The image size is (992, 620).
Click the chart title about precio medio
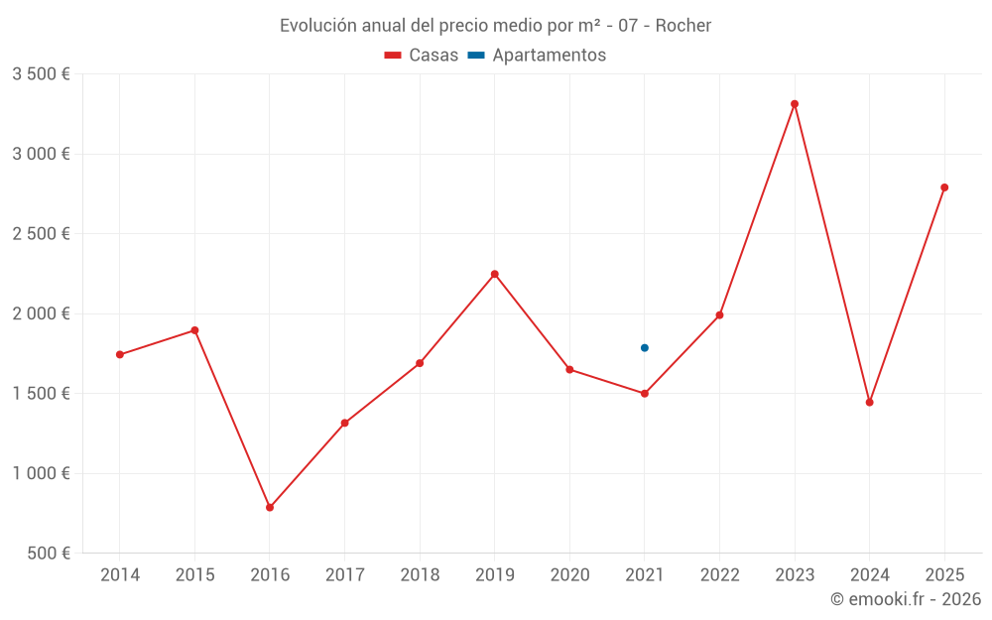[x=495, y=26]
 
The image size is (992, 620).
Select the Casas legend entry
[x=422, y=56]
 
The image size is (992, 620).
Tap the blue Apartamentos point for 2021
[x=645, y=348]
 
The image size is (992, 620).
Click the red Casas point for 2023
[x=795, y=104]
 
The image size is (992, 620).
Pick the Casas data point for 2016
[x=270, y=508]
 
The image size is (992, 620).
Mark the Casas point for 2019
[x=495, y=274]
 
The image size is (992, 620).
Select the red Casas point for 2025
[x=944, y=187]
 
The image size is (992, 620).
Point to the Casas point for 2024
[x=870, y=403]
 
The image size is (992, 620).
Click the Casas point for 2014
[x=120, y=355]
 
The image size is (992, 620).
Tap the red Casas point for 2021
[x=645, y=394]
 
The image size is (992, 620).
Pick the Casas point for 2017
[x=345, y=424]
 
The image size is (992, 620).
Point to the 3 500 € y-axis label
[x=41, y=74]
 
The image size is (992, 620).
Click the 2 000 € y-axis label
[x=41, y=313]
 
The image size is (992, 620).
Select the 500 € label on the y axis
[x=48, y=554]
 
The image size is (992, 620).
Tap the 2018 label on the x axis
[x=420, y=575]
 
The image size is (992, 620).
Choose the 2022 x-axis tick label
[x=720, y=575]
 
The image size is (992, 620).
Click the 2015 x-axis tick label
[x=194, y=575]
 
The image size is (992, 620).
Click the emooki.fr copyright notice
[x=905, y=599]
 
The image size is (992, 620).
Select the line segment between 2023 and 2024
[x=832, y=253]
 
